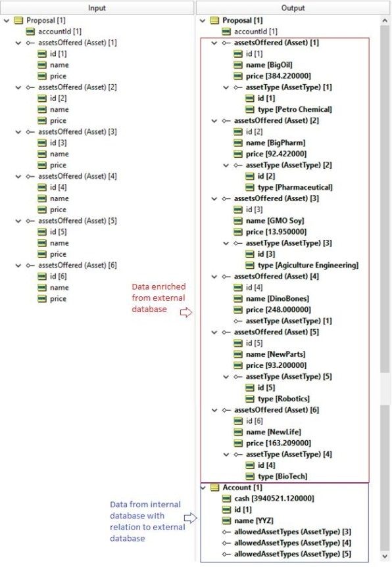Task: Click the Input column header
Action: click(97, 8)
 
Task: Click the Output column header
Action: click(293, 8)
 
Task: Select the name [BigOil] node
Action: click(269, 65)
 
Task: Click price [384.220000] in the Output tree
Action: click(278, 76)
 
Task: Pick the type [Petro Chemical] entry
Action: click(295, 109)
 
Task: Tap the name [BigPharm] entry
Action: click(276, 143)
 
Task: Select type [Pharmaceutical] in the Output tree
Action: click(295, 187)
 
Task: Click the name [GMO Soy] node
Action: click(275, 221)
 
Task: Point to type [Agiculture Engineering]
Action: click(308, 265)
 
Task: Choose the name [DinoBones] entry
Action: click(278, 299)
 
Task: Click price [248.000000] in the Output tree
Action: click(278, 309)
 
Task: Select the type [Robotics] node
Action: click(283, 399)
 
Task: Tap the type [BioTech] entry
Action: click(282, 476)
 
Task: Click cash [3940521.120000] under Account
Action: click(274, 499)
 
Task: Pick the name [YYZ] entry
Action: click(254, 521)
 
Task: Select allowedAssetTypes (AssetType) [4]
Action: click(293, 543)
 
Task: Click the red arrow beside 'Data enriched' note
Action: click(186, 313)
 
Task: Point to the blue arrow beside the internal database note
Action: click(190, 518)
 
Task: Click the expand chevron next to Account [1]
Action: click(203, 488)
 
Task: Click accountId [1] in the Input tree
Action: click(60, 32)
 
